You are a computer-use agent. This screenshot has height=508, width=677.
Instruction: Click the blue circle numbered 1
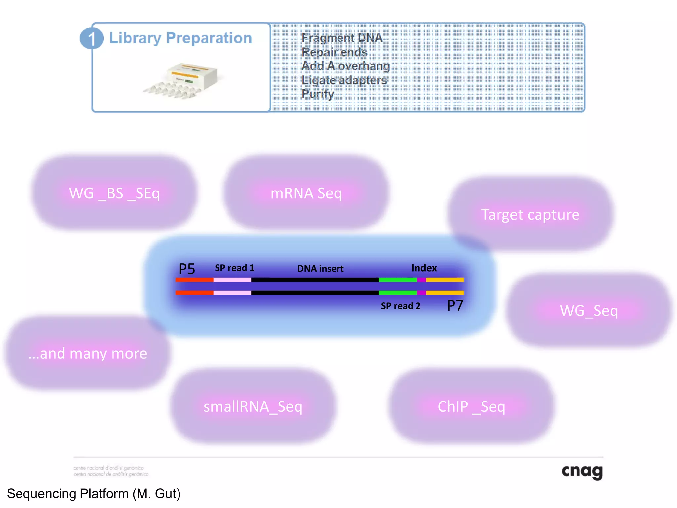92,38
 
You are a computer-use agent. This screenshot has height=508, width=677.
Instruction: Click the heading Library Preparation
180,38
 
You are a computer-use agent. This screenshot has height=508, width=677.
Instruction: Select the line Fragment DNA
342,38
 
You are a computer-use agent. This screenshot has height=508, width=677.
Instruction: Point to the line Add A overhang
345,66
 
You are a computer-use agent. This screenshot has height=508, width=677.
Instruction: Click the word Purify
317,94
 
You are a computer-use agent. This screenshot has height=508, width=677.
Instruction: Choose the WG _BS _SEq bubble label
114,193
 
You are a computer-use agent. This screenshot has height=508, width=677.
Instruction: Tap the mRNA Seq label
306,193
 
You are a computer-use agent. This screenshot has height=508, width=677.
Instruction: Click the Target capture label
530,215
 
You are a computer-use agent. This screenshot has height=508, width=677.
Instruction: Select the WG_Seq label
589,311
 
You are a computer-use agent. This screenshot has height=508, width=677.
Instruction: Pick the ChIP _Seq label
471,406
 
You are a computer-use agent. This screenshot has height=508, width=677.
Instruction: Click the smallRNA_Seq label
253,406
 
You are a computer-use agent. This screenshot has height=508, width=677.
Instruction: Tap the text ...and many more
88,353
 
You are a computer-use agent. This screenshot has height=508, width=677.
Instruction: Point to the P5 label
187,269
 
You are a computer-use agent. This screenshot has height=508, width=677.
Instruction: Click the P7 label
455,305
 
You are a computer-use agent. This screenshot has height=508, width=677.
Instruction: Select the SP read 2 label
400,306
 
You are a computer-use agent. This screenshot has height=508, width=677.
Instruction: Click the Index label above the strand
424,268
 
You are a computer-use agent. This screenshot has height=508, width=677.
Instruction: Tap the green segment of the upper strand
397,280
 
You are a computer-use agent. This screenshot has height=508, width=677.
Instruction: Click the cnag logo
582,471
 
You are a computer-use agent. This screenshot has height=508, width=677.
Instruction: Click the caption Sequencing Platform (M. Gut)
94,494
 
